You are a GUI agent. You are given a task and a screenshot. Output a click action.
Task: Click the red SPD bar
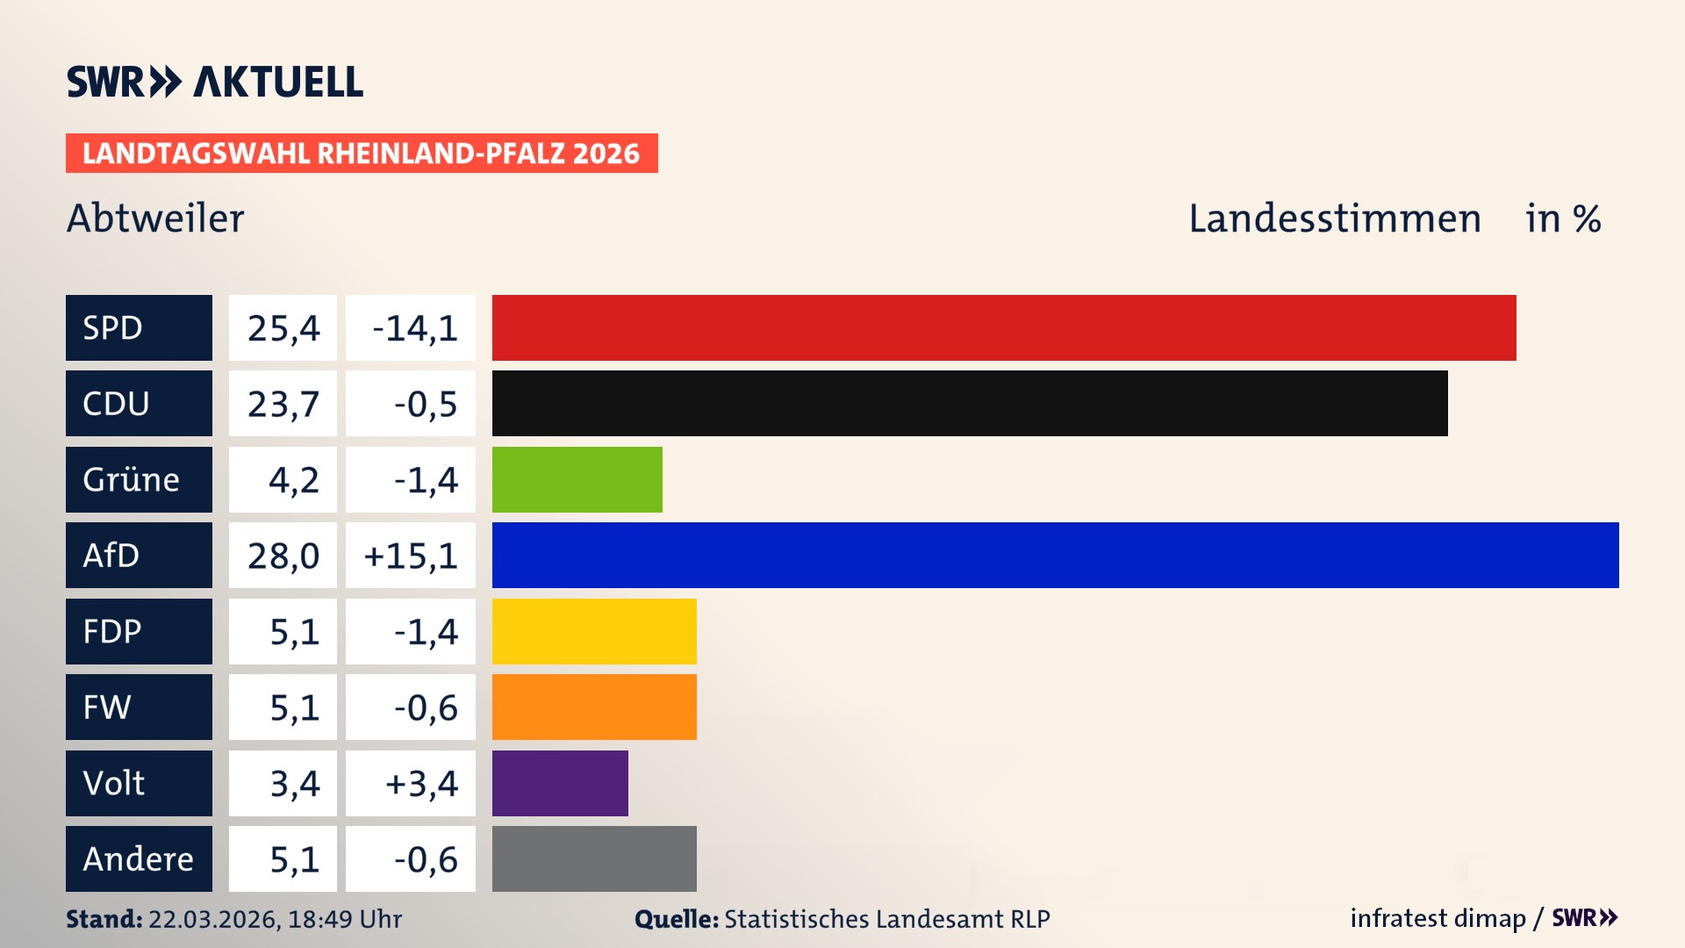[x=1004, y=327]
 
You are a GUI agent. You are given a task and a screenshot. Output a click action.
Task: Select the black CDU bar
[x=970, y=403]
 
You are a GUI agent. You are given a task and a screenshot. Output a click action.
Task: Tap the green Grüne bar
[x=577, y=479]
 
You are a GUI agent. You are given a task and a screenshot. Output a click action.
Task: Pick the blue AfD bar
[x=1055, y=555]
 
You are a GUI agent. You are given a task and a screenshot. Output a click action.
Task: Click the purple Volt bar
[x=560, y=783]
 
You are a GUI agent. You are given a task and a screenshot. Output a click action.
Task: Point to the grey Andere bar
[x=594, y=858]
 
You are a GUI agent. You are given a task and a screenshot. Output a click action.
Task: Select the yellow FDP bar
[x=594, y=631]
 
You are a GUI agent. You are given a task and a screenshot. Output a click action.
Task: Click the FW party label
[x=139, y=707]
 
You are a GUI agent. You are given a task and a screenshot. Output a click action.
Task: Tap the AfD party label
[x=139, y=555]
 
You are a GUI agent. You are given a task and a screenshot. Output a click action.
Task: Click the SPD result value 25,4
[x=283, y=327]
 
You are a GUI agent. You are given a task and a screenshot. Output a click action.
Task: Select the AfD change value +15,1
[x=411, y=555]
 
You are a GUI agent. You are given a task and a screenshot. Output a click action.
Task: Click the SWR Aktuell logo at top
[x=214, y=82]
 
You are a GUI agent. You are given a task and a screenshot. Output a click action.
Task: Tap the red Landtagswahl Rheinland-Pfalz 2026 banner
[x=362, y=154]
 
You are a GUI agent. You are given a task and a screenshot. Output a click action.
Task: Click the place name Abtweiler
[x=155, y=219]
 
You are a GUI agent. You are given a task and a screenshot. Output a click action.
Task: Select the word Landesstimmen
[x=1334, y=219]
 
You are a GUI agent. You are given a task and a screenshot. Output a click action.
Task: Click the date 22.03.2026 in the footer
[x=213, y=919]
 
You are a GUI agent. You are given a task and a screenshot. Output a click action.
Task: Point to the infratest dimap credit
[x=1437, y=918]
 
